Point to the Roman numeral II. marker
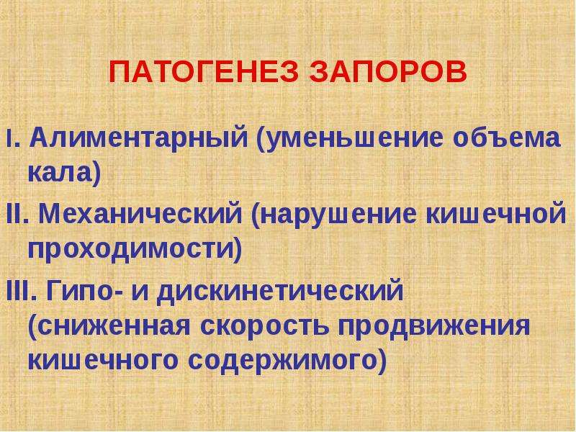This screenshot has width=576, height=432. pyautogui.click(x=17, y=214)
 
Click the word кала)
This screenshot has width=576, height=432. pyautogui.click(x=65, y=174)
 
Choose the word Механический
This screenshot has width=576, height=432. pyautogui.click(x=140, y=214)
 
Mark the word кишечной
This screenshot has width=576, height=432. pyautogui.click(x=496, y=213)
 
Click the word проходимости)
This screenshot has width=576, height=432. pyautogui.click(x=135, y=250)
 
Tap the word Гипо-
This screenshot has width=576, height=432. pyautogui.click(x=85, y=290)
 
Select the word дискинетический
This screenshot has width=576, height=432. pyautogui.click(x=281, y=292)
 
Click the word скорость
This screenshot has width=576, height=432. pyautogui.click(x=264, y=326)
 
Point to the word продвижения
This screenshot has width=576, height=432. pyautogui.click(x=434, y=326)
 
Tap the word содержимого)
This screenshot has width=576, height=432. pyautogui.click(x=287, y=361)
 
